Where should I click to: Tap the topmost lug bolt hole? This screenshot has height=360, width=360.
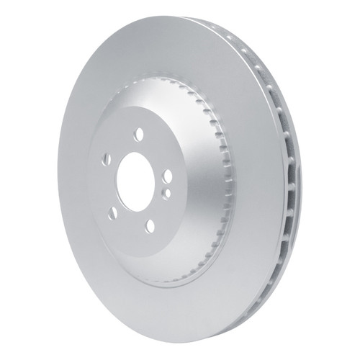pos(139,133)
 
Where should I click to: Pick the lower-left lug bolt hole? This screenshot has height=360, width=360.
pos(113,212)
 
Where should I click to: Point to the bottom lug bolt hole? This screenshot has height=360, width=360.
pos(150,226)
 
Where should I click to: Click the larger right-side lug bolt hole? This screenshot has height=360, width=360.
pos(166,178)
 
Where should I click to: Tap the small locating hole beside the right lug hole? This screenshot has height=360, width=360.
pos(166,193)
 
